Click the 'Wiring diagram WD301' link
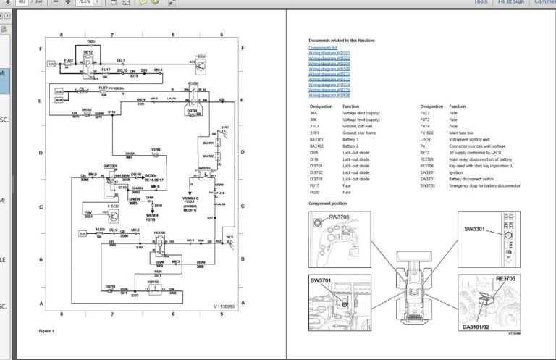[329, 53]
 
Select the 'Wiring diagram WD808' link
[329, 95]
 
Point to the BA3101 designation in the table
[317, 139]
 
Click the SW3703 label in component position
[338, 217]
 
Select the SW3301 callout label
[474, 230]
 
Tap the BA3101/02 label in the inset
[479, 327]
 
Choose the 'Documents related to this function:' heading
[342, 41]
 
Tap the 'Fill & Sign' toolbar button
[511, 2]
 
